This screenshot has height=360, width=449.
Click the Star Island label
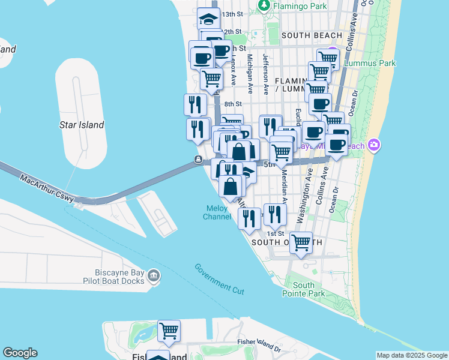point(82,125)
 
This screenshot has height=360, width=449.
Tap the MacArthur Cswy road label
point(47,188)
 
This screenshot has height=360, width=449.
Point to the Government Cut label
point(219,278)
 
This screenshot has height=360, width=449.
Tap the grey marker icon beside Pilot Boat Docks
point(154,275)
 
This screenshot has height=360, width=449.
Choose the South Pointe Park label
point(309,289)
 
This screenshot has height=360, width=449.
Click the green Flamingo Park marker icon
point(263,5)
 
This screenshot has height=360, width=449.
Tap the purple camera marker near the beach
point(375,145)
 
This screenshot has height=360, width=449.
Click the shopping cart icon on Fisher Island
point(169,331)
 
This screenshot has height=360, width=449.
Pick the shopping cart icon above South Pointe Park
point(301,243)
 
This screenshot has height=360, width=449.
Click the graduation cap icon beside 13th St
point(209,19)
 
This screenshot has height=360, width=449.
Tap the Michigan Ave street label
point(250,73)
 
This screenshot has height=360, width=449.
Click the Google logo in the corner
point(20,353)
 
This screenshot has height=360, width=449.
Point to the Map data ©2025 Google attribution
point(412,355)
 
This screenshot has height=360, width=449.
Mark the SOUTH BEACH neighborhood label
point(312,35)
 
